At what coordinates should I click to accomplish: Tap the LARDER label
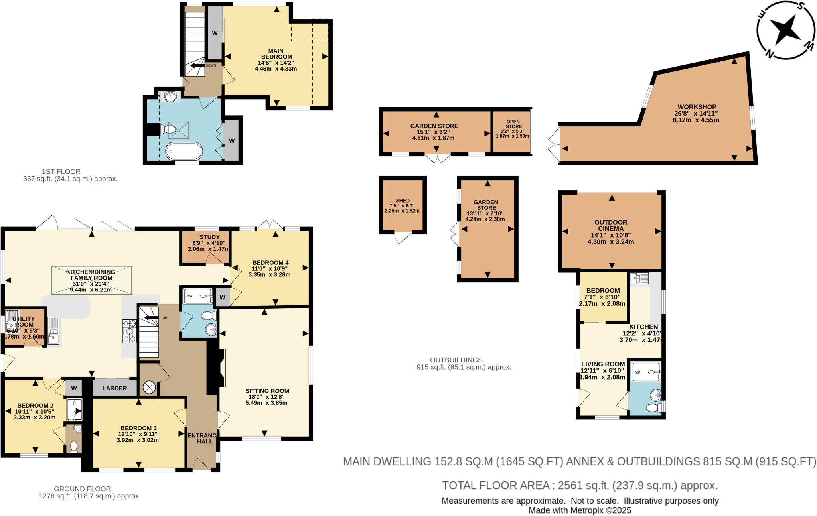tap(114, 388)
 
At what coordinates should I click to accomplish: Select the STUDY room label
tap(209, 237)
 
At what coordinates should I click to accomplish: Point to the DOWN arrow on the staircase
tap(197, 66)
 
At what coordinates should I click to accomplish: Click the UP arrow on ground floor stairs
tap(151, 318)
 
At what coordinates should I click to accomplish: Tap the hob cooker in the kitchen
tap(129, 331)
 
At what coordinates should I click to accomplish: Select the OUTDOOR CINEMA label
tap(611, 225)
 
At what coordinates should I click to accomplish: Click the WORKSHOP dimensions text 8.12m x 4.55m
tap(696, 120)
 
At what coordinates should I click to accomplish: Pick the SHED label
tap(403, 201)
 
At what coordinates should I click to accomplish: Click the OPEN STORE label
tap(513, 124)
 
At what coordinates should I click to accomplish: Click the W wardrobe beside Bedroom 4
tap(222, 297)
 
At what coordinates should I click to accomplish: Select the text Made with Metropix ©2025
tap(580, 510)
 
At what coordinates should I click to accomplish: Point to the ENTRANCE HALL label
tap(203, 438)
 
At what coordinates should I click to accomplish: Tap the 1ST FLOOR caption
tap(61, 171)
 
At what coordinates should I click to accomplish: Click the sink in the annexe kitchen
tap(639, 278)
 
